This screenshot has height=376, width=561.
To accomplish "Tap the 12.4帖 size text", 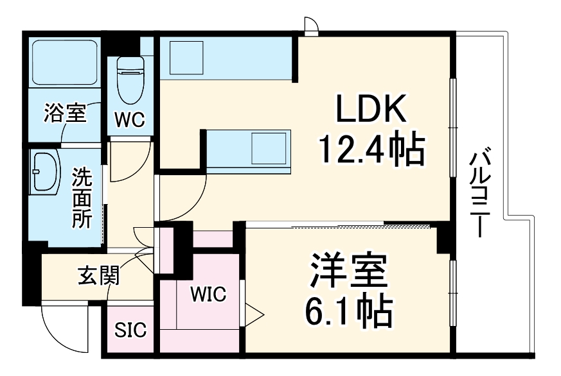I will (x=371, y=150).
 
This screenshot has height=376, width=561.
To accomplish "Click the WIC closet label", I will (x=208, y=295).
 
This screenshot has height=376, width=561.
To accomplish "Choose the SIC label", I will (x=130, y=330).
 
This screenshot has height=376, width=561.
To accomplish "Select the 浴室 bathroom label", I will (x=64, y=114).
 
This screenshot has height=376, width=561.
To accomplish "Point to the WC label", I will (x=130, y=119).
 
